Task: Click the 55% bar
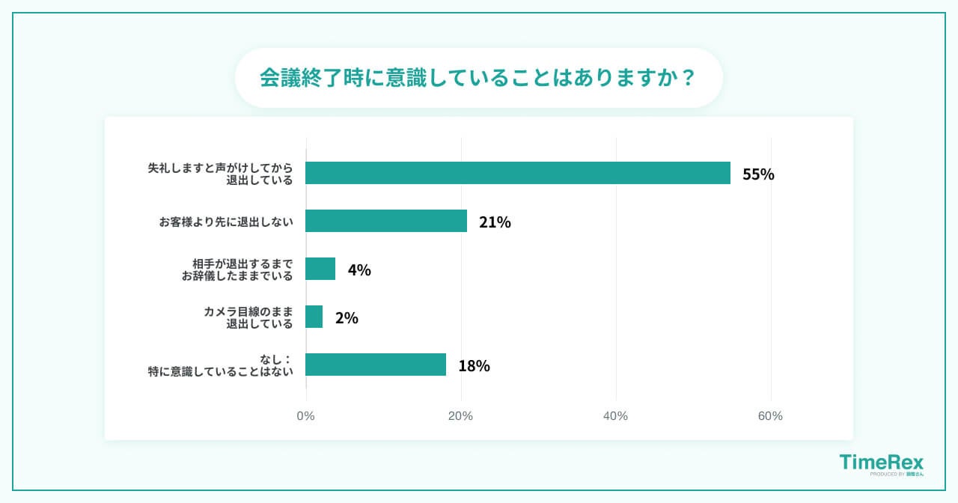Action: click(518, 173)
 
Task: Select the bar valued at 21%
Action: click(386, 221)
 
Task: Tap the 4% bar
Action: click(320, 269)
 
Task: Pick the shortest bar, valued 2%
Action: click(314, 317)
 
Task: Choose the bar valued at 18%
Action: click(376, 365)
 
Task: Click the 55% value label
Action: click(758, 174)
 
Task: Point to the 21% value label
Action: click(495, 222)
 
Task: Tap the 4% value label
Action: click(359, 270)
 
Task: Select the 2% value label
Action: click(347, 318)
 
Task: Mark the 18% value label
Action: click(474, 366)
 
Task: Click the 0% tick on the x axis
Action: click(305, 416)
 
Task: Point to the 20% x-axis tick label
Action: click(460, 416)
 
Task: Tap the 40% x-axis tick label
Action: click(615, 416)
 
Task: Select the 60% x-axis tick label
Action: click(770, 416)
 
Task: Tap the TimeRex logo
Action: click(881, 464)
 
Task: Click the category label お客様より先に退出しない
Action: click(225, 222)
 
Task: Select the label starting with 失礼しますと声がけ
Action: click(220, 174)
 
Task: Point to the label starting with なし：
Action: click(220, 365)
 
